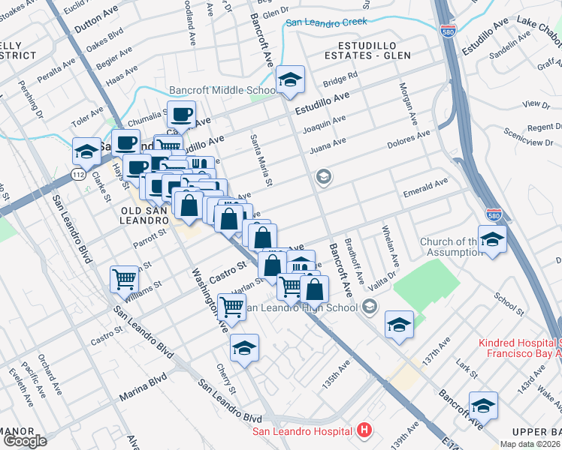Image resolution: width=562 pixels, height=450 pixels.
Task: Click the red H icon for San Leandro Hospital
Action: [364, 430]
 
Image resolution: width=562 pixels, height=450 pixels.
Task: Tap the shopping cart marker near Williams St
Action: [124, 279]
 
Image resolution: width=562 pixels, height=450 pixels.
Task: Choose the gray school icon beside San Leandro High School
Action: [368, 307]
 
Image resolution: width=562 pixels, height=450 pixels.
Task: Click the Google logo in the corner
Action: [25, 441]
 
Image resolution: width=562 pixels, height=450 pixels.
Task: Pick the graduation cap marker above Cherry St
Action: [244, 347]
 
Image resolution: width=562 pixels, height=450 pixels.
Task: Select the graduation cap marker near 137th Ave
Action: [399, 324]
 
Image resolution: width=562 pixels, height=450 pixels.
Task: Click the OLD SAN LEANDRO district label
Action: [144, 215]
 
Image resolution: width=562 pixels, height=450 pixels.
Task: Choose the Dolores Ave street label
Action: [408, 139]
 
